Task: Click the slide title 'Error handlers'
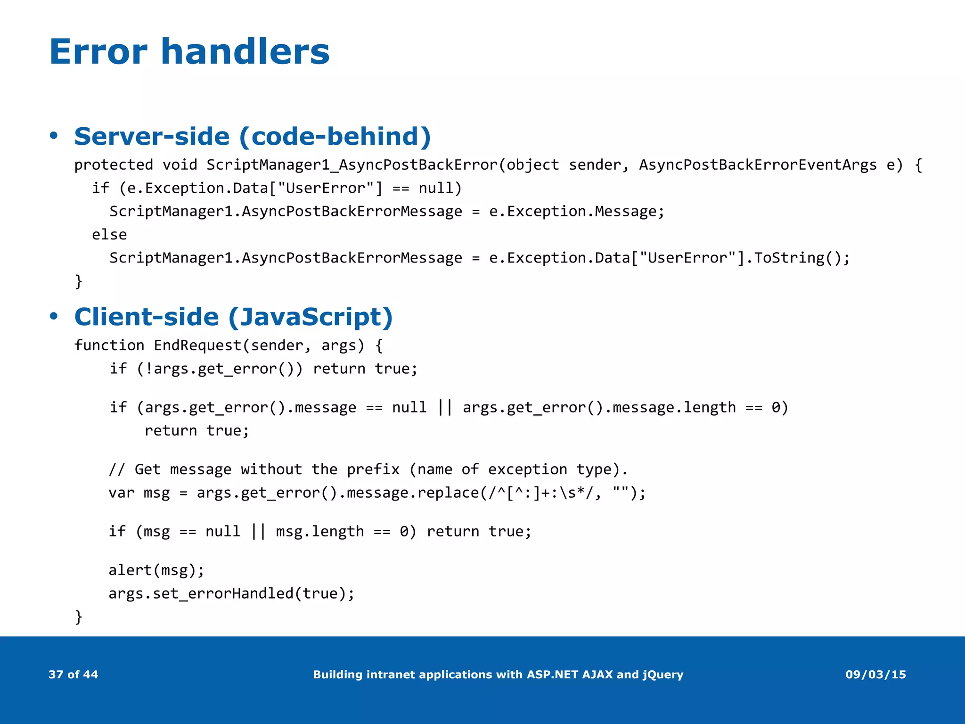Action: click(189, 51)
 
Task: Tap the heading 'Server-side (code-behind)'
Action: click(253, 137)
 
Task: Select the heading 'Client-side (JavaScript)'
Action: click(233, 317)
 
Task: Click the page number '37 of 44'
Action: click(73, 675)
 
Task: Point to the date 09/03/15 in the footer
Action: click(875, 675)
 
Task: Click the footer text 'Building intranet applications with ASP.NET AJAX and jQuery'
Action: click(498, 675)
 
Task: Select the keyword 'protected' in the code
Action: click(114, 165)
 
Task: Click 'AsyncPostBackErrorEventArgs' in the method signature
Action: click(758, 165)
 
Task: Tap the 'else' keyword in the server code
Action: click(109, 235)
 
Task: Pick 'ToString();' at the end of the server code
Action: click(802, 258)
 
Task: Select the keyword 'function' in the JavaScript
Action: click(109, 346)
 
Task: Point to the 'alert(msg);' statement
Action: click(156, 570)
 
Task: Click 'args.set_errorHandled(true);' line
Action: click(231, 593)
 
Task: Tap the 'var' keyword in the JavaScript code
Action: click(122, 493)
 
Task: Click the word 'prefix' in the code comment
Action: click(373, 469)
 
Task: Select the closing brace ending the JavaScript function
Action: click(79, 617)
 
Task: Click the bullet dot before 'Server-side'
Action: click(54, 136)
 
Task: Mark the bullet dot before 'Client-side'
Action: click(54, 317)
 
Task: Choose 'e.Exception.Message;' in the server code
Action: click(577, 212)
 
